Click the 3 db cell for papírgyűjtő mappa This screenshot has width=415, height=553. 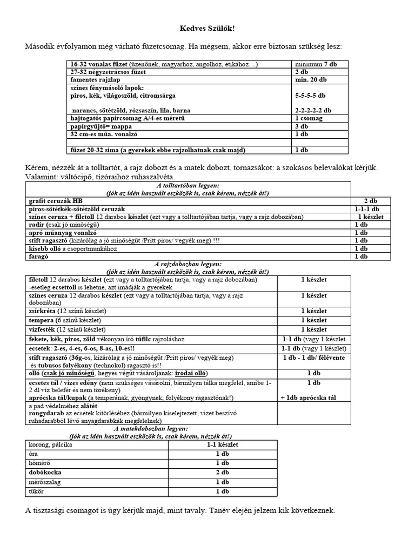tap(301, 126)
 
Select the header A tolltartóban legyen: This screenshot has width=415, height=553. tap(185, 186)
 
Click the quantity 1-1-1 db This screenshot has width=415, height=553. tap(367, 208)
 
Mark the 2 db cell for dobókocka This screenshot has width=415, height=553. tap(222, 473)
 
